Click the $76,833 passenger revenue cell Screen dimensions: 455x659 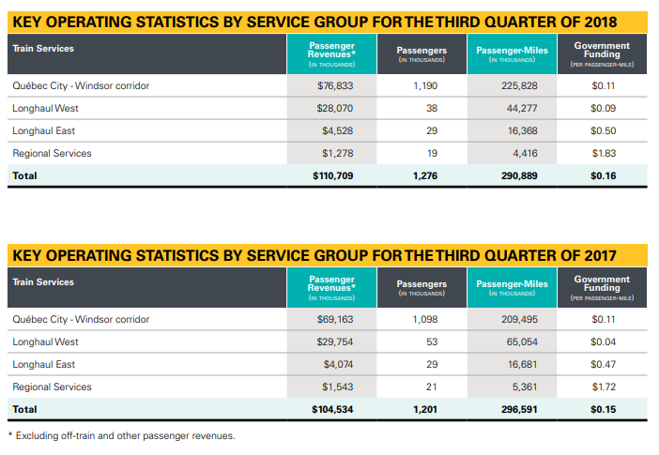point(333,85)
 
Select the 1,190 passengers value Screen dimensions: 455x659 point(426,85)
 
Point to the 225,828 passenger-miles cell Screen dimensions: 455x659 point(519,85)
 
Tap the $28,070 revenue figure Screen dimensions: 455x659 point(333,108)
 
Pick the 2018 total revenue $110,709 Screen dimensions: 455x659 point(332,175)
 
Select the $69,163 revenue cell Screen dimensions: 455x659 point(333,319)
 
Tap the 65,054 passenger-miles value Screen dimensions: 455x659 point(521,341)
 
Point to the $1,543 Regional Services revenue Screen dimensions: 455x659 point(336,387)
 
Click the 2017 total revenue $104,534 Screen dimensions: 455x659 point(332,409)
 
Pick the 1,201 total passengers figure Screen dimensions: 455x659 point(425,409)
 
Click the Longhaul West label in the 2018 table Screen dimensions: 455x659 point(45,108)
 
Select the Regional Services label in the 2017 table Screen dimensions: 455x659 point(52,387)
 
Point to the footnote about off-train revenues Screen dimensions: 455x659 point(122,435)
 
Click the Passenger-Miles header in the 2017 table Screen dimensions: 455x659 point(512,284)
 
